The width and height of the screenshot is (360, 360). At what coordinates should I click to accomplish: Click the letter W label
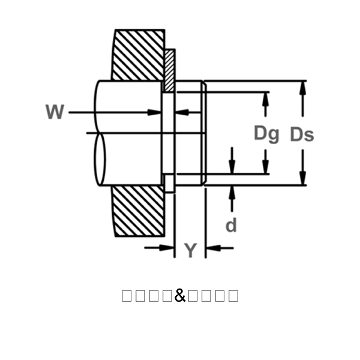point(54,112)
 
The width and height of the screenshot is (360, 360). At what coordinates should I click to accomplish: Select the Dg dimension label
point(266,133)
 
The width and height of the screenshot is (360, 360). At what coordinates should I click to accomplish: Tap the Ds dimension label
point(302,134)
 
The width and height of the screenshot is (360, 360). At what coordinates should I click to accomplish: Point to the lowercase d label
point(231,225)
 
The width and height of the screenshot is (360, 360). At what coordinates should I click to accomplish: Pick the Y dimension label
point(190,250)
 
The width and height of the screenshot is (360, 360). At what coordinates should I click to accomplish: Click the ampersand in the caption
point(180,295)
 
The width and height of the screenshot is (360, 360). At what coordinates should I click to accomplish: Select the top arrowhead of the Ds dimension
point(303,86)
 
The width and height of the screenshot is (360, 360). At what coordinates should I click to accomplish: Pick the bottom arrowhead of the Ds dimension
point(303,180)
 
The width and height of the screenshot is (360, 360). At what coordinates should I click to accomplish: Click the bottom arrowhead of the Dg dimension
point(266,168)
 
